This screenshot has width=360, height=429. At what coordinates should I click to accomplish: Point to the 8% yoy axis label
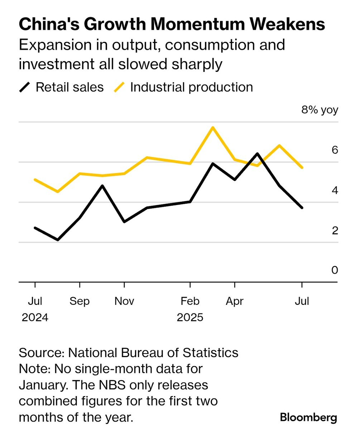[320, 110]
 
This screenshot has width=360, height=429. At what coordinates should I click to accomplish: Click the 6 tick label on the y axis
[335, 150]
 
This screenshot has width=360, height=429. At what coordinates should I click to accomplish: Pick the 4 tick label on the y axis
[335, 190]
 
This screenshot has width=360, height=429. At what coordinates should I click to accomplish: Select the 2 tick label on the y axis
[335, 230]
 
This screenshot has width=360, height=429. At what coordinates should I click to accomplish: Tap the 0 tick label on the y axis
[335, 270]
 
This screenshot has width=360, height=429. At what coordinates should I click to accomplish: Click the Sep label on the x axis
[80, 301]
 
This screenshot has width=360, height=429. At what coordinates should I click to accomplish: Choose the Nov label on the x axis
[124, 301]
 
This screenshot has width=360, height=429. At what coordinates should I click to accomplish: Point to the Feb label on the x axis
[190, 301]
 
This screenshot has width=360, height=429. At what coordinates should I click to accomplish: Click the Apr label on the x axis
[235, 301]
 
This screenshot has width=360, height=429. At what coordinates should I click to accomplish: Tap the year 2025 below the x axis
[190, 317]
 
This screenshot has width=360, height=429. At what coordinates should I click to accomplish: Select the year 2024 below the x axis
[35, 317]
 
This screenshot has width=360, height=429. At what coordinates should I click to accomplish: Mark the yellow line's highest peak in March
[213, 128]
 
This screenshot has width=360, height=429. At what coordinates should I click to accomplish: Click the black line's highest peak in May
[257, 154]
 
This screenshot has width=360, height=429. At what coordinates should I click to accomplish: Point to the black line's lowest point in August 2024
[58, 240]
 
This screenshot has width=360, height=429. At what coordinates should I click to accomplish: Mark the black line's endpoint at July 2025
[302, 208]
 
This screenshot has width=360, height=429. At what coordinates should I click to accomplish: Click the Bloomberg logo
[308, 417]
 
